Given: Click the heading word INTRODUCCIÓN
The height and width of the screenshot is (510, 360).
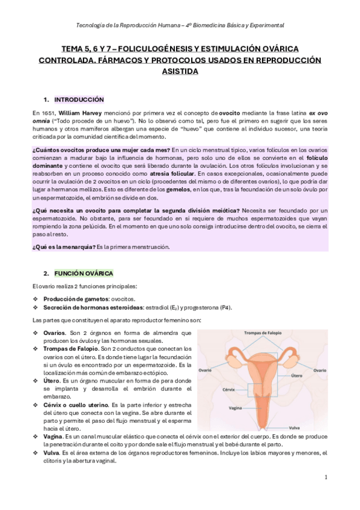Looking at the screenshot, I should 79,99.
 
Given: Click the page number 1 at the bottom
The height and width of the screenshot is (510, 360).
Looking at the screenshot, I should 325,477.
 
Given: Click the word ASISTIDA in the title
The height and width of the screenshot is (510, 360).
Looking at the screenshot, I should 180,71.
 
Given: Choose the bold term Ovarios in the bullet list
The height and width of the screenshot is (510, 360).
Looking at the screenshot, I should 54,333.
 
